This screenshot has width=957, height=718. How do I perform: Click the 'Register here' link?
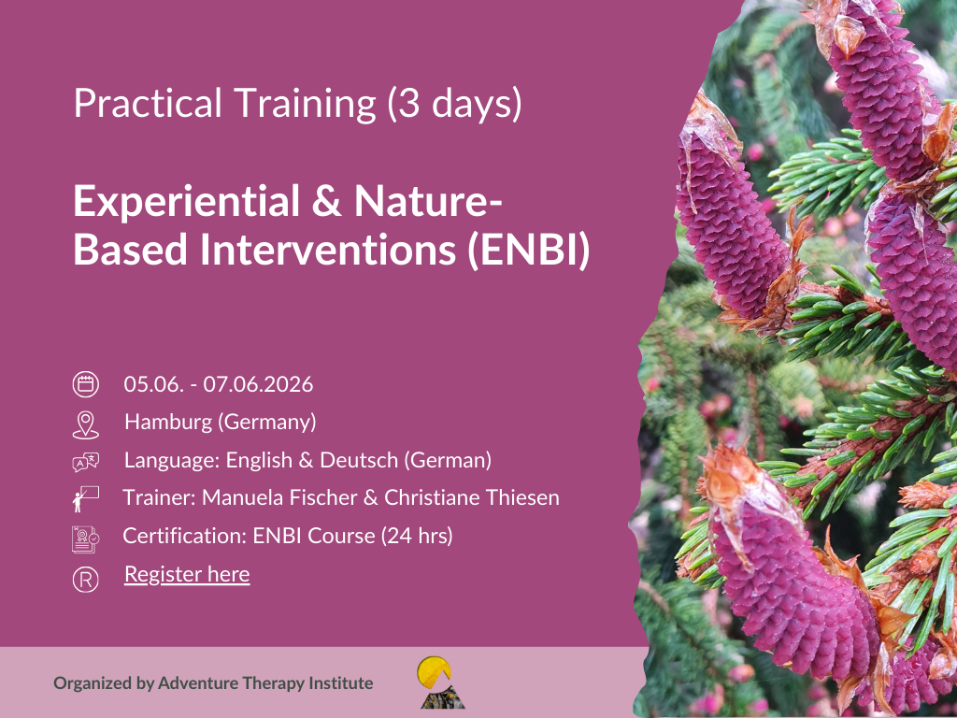(x=187, y=575)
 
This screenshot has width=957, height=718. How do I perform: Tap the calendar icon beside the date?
(x=85, y=384)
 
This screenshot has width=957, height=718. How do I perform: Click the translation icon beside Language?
(x=85, y=462)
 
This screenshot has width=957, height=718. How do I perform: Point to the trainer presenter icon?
(x=85, y=499)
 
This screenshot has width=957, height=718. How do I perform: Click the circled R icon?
(x=85, y=580)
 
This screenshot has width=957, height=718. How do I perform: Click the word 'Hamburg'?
(x=168, y=422)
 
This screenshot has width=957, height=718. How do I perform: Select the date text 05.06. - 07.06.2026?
(x=219, y=384)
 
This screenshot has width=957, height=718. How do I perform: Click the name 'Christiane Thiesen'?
(x=472, y=497)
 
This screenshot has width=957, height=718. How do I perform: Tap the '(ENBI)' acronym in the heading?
(x=529, y=250)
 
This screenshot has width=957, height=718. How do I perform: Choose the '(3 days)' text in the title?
(x=455, y=103)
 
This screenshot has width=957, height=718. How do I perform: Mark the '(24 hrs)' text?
(x=417, y=536)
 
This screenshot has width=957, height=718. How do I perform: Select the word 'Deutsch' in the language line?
(x=359, y=460)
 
